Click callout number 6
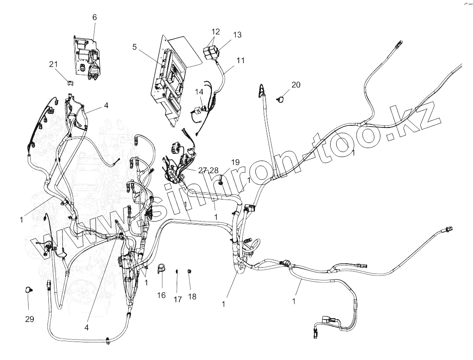coord(95,18)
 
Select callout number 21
coord(53,64)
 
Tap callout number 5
coord(135,47)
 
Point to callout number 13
coord(237,35)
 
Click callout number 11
coord(240,61)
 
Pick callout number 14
coord(200,92)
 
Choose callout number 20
coord(296,84)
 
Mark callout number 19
coord(235,162)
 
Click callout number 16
coord(161,295)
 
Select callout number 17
coord(177,299)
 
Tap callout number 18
coord(192,297)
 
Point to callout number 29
coord(29,319)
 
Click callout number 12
coord(215,32)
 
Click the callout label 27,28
coord(208,171)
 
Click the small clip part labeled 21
coord(70,82)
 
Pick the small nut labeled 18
coord(189,271)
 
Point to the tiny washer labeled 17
coord(177,271)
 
